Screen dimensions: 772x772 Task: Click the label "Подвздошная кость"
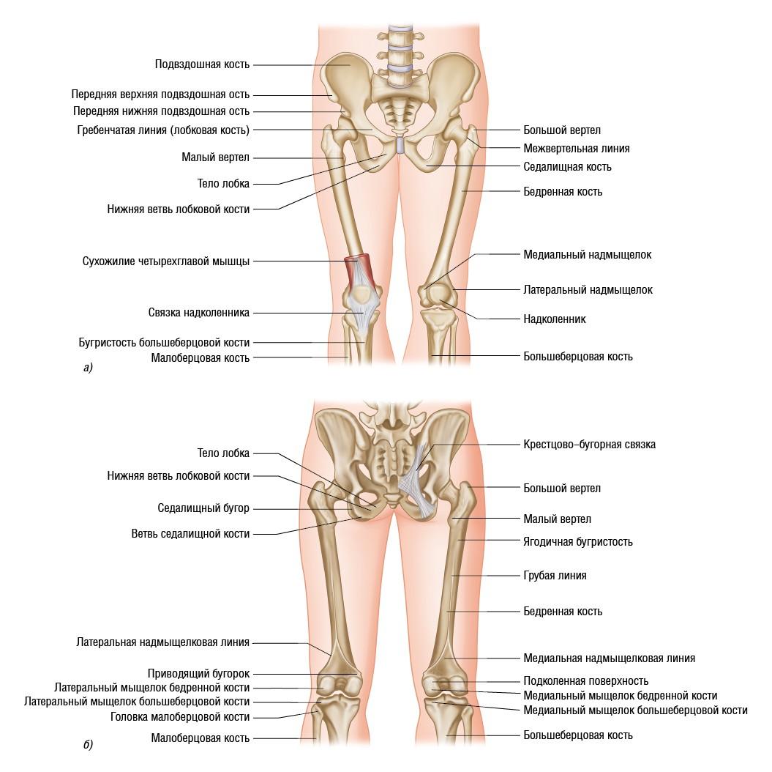(x=202, y=64)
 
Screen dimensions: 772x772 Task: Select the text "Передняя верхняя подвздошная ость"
(x=160, y=94)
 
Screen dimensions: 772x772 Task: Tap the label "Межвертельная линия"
(x=577, y=148)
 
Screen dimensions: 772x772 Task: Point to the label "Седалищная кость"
(x=567, y=167)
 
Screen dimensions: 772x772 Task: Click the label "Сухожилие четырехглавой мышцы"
(x=166, y=261)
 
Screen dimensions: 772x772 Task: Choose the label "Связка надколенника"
(x=198, y=313)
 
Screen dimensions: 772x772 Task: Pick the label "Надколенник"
(x=554, y=319)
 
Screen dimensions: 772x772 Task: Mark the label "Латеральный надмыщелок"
(x=588, y=290)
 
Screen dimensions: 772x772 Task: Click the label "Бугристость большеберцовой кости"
(x=164, y=342)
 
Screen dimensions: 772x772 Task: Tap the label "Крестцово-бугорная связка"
(x=589, y=445)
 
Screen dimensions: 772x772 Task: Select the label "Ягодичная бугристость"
(x=578, y=542)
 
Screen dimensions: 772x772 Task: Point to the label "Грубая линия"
(x=555, y=576)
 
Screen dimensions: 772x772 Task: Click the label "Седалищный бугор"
(x=203, y=508)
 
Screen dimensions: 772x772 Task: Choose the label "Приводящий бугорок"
(x=199, y=673)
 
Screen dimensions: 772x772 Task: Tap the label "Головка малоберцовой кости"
(x=180, y=717)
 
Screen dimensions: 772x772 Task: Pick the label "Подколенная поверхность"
(x=585, y=681)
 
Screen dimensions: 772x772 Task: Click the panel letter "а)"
(x=88, y=368)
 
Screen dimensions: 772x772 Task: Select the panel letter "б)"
(x=88, y=746)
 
